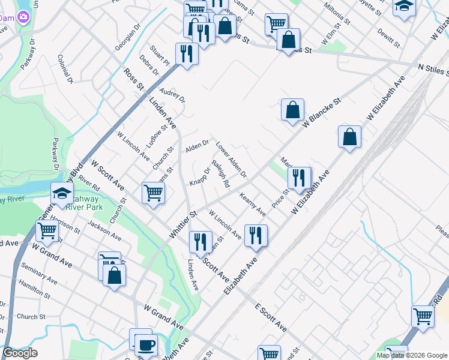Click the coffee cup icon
click(145, 346)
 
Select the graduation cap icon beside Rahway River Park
click(62, 193)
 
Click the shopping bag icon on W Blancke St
click(292, 110)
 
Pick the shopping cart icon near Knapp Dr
click(153, 193)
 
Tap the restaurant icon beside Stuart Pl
click(187, 53)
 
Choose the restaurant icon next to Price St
click(298, 178)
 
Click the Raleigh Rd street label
click(220, 175)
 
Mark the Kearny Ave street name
click(253, 204)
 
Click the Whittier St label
click(183, 222)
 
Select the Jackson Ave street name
click(100, 232)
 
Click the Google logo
click(20, 353)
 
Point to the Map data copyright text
click(411, 355)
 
